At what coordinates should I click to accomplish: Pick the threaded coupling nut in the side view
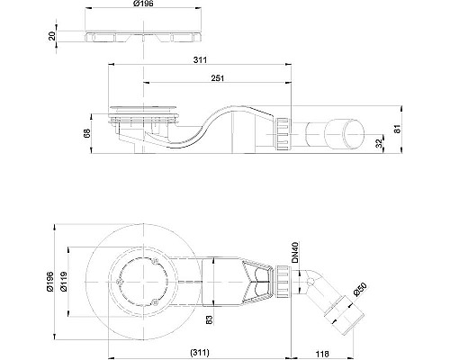click(x=282, y=137)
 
